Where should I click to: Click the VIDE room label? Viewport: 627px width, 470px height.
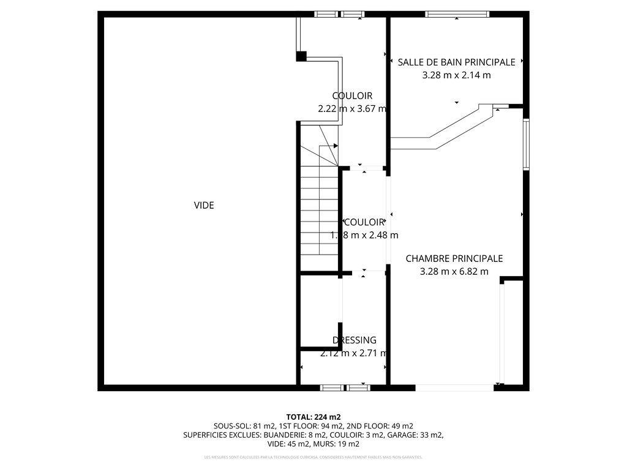click(x=204, y=206)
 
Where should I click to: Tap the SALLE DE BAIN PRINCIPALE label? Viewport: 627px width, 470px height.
click(x=456, y=62)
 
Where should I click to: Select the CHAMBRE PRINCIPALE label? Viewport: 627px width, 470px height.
click(x=454, y=259)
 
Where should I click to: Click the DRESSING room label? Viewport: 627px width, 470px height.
click(x=355, y=340)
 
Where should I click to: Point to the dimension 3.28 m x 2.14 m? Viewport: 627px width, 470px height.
click(x=456, y=76)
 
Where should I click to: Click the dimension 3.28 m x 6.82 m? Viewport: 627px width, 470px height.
click(x=454, y=272)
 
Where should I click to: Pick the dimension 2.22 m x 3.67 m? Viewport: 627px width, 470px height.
click(x=352, y=109)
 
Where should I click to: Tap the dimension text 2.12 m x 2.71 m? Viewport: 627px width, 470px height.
click(x=354, y=353)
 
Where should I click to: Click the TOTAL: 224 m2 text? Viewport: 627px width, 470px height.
click(x=313, y=417)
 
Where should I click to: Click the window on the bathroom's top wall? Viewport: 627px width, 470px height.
click(x=457, y=14)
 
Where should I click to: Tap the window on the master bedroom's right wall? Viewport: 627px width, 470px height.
click(x=526, y=144)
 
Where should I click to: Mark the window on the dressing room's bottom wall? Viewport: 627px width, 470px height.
click(x=345, y=387)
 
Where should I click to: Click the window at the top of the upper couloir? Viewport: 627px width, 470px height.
click(x=339, y=14)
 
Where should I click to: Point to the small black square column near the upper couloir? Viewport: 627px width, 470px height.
click(x=301, y=56)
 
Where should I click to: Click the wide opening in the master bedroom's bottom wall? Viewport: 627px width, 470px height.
click(x=454, y=387)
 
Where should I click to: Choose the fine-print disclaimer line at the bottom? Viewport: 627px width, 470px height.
click(x=313, y=457)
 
